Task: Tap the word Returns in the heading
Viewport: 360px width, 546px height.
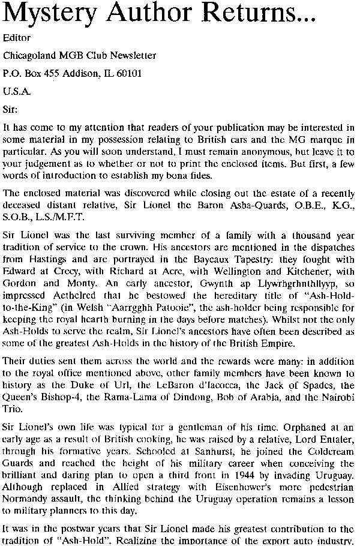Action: (263, 13)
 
